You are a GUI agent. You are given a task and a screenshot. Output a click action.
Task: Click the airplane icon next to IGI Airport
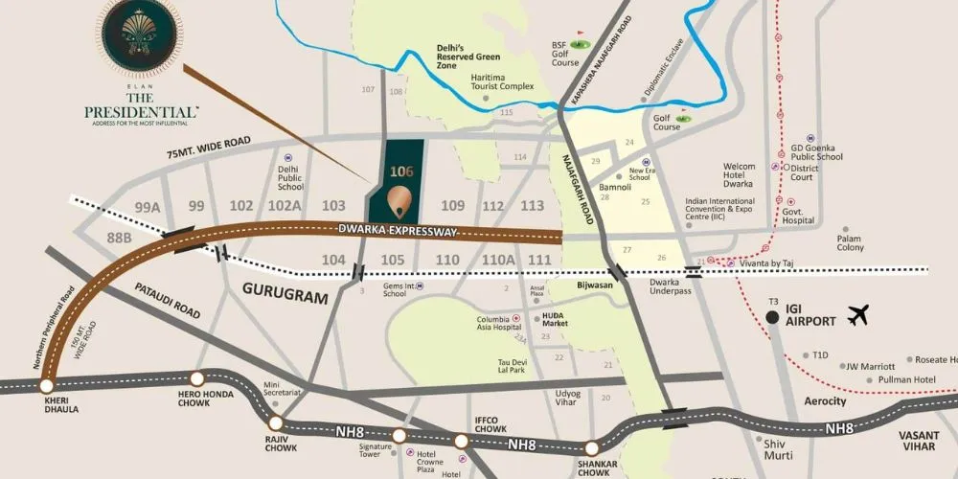(857, 315)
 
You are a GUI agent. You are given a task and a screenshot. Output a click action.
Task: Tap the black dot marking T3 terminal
(772, 318)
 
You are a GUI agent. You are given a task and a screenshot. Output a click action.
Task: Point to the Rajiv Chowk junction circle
(276, 422)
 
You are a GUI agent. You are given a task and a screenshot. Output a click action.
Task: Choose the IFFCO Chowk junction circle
(461, 441)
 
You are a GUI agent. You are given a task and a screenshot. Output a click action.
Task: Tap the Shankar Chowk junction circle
(592, 446)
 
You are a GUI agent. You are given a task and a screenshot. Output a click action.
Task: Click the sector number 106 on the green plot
(401, 172)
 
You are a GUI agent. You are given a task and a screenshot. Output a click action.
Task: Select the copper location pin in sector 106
(401, 199)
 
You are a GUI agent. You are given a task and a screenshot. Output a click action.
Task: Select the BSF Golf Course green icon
(578, 44)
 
